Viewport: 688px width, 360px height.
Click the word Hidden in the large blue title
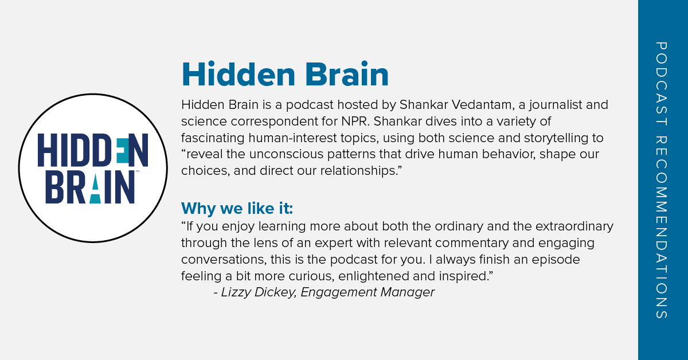click(239, 74)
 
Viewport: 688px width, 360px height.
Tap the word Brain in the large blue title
click(347, 74)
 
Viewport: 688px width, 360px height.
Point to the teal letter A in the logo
click(95, 188)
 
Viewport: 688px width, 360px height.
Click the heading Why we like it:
click(237, 208)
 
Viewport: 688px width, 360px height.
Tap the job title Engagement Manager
click(368, 292)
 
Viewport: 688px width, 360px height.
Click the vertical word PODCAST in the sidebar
click(662, 84)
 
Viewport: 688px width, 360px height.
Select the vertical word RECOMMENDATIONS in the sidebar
click(662, 228)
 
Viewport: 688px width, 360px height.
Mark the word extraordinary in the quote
click(574, 226)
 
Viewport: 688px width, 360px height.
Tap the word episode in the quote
click(556, 260)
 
